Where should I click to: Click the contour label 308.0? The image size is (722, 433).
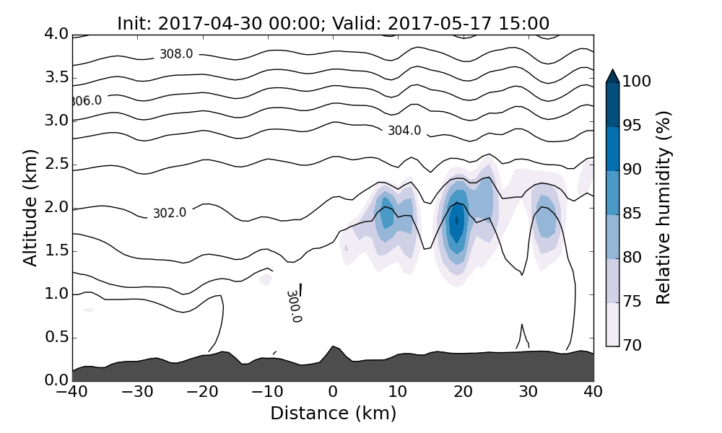point(176,54)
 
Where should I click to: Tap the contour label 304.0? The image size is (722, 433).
point(404,131)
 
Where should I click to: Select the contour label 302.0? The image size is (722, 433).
point(170,213)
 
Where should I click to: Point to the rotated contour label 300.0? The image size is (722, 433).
point(294,306)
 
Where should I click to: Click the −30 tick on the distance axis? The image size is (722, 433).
point(137,393)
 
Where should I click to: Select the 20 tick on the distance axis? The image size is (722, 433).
point(463,393)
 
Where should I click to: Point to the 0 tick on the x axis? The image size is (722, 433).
point(333,393)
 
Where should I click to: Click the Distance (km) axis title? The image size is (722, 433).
point(333,414)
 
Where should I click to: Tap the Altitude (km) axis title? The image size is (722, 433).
point(30,206)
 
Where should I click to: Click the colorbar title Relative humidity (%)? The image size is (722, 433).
point(664,208)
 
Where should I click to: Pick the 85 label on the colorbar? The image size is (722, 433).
point(632,214)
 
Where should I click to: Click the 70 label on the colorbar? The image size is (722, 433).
point(632,346)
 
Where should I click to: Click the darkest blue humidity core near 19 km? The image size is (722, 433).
point(456,220)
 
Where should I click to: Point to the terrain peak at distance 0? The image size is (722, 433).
point(333,347)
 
